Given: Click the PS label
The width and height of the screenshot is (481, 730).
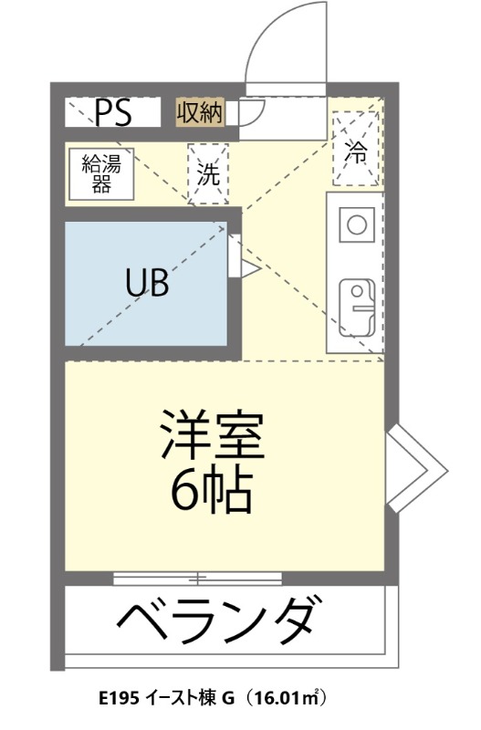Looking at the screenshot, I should click(114, 114).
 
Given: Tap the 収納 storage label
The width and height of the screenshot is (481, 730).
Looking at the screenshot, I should click(199, 113).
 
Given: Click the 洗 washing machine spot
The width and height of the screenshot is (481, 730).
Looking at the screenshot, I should click(209, 173).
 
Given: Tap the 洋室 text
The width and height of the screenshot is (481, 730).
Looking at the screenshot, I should click(213, 437).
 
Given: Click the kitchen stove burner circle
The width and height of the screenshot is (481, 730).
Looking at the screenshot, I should click(356, 223).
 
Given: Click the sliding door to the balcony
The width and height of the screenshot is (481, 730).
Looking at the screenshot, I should click(198, 578).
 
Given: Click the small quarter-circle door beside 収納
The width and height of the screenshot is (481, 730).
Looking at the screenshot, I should click(251, 112).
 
